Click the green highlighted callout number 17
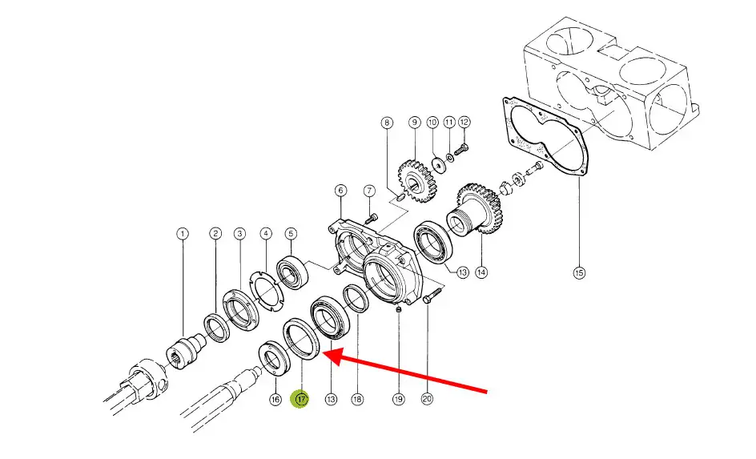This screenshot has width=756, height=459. pos(300,399)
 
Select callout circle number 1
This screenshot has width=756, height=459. pos(183,234)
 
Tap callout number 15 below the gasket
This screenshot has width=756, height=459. pos(579,272)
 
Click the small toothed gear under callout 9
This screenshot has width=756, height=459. pos(416,180)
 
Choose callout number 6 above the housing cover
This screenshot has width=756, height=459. pos(340,191)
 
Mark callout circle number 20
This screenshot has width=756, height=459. pos(427,399)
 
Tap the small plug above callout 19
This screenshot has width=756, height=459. pos(398,310)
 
